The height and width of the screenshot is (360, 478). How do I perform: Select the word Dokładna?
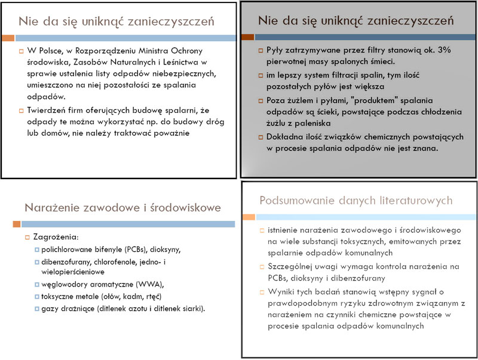285,137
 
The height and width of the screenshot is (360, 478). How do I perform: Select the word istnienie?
287,230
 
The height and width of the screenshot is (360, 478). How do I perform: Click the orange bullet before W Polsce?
21,51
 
